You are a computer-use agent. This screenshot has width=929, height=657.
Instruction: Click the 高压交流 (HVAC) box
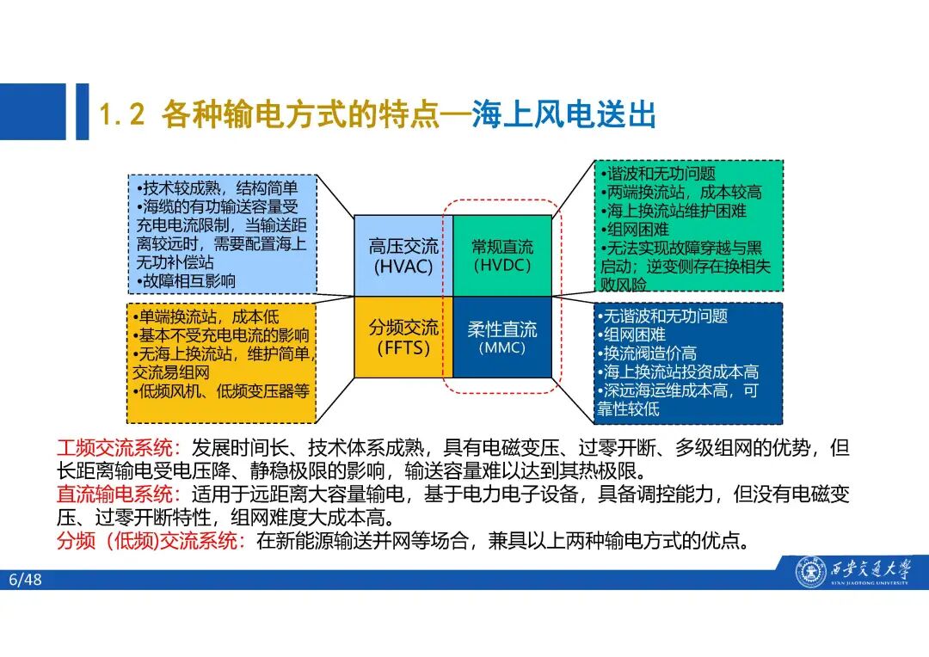tap(403, 255)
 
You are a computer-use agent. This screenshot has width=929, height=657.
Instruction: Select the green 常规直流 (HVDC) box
tap(502, 255)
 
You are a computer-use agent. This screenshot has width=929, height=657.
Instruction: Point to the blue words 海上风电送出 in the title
tap(563, 115)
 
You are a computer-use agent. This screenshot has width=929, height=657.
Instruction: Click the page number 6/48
tap(25, 580)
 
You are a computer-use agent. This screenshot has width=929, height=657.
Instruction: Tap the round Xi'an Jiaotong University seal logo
tap(809, 572)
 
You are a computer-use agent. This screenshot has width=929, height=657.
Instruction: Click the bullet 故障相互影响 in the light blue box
tap(184, 281)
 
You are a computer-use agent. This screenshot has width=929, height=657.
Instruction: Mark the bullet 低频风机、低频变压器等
tap(220, 392)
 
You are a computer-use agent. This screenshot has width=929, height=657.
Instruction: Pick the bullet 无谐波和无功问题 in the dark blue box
tap(663, 316)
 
